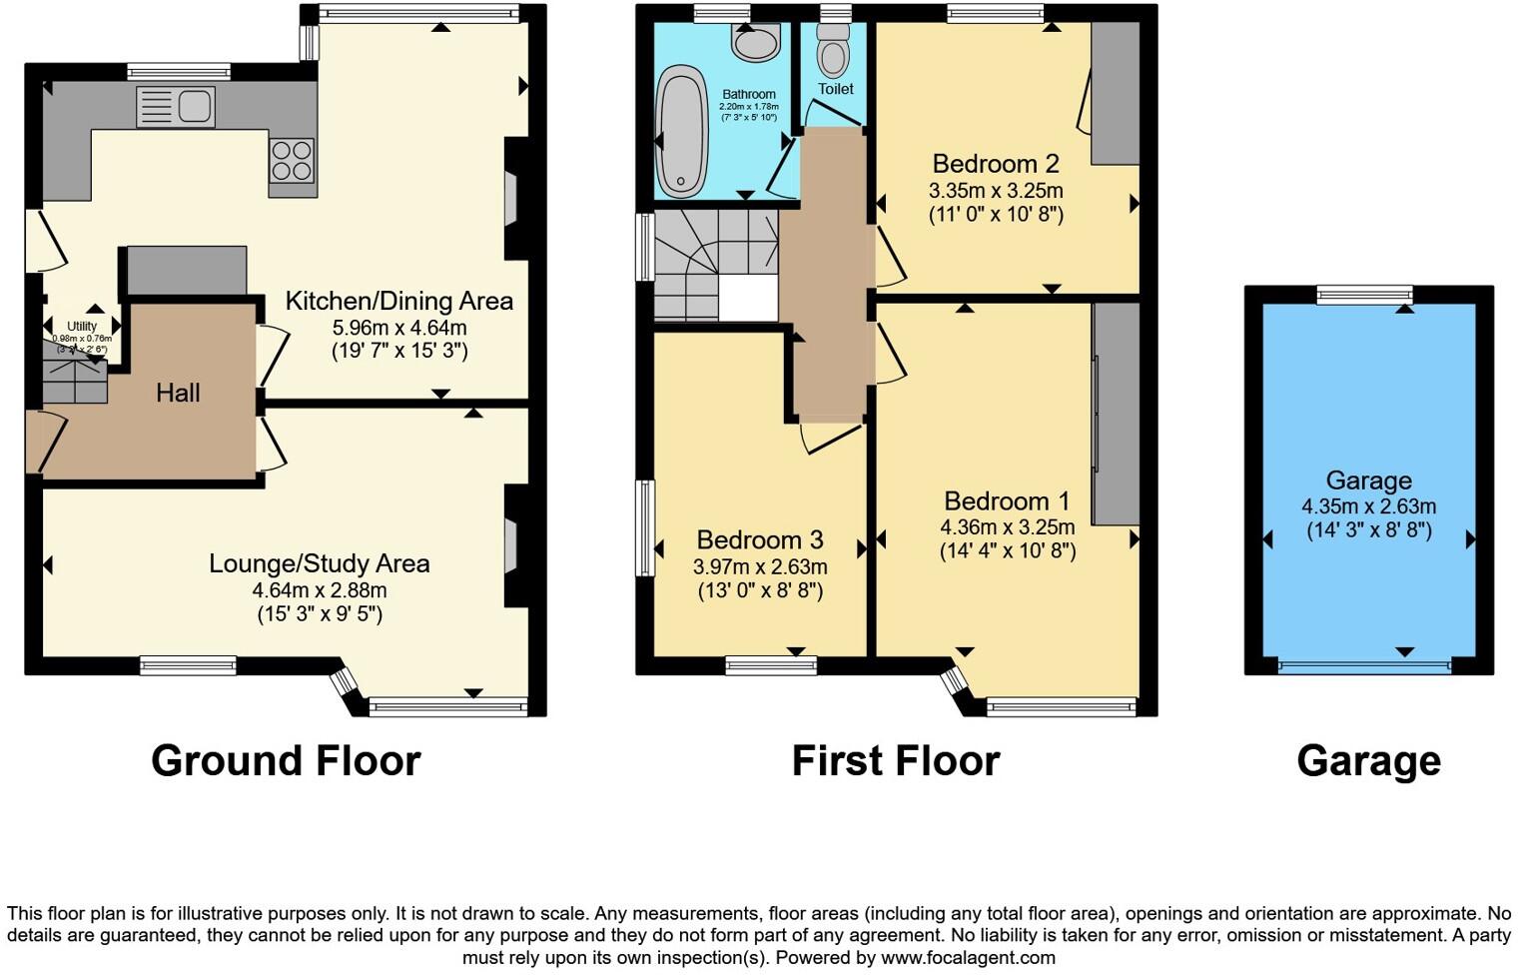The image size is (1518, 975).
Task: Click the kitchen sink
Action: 176,107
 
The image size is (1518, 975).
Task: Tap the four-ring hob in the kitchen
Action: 292,160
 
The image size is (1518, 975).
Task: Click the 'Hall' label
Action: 178,393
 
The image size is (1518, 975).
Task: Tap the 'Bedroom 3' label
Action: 760,539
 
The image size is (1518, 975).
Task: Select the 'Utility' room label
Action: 82,326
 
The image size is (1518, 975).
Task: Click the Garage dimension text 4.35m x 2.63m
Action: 1368,506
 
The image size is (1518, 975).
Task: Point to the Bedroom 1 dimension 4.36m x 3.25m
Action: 1007,526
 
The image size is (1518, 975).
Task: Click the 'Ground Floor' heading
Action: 286,760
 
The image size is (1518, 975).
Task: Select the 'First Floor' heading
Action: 895,760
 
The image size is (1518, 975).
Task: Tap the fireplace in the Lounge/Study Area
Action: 511,545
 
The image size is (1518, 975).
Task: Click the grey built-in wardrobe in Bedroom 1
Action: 1116,413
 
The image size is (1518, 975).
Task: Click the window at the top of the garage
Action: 1364,294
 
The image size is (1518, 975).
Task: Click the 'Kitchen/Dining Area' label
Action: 399,301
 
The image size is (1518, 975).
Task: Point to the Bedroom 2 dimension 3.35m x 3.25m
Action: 996,190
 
